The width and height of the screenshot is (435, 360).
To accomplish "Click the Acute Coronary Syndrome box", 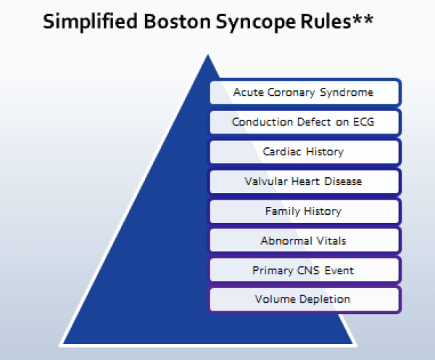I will (x=304, y=92).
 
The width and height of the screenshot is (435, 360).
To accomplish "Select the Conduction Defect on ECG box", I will (x=304, y=122).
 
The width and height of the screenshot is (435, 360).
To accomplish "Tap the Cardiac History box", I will (x=304, y=152).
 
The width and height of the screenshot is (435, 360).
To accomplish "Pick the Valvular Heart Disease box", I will (x=304, y=181).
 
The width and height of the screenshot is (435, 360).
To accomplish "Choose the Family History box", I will (x=304, y=211).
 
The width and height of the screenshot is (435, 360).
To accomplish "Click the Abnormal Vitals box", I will (x=304, y=241).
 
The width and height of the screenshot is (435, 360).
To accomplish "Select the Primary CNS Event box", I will (x=304, y=271).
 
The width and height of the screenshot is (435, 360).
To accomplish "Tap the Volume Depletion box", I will (x=304, y=299).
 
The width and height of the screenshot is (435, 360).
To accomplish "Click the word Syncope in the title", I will (x=244, y=22).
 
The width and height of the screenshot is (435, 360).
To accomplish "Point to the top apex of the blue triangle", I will (x=208, y=52).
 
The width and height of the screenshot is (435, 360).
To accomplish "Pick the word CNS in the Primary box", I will (x=315, y=271).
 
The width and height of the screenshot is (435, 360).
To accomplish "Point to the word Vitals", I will (x=333, y=241).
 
